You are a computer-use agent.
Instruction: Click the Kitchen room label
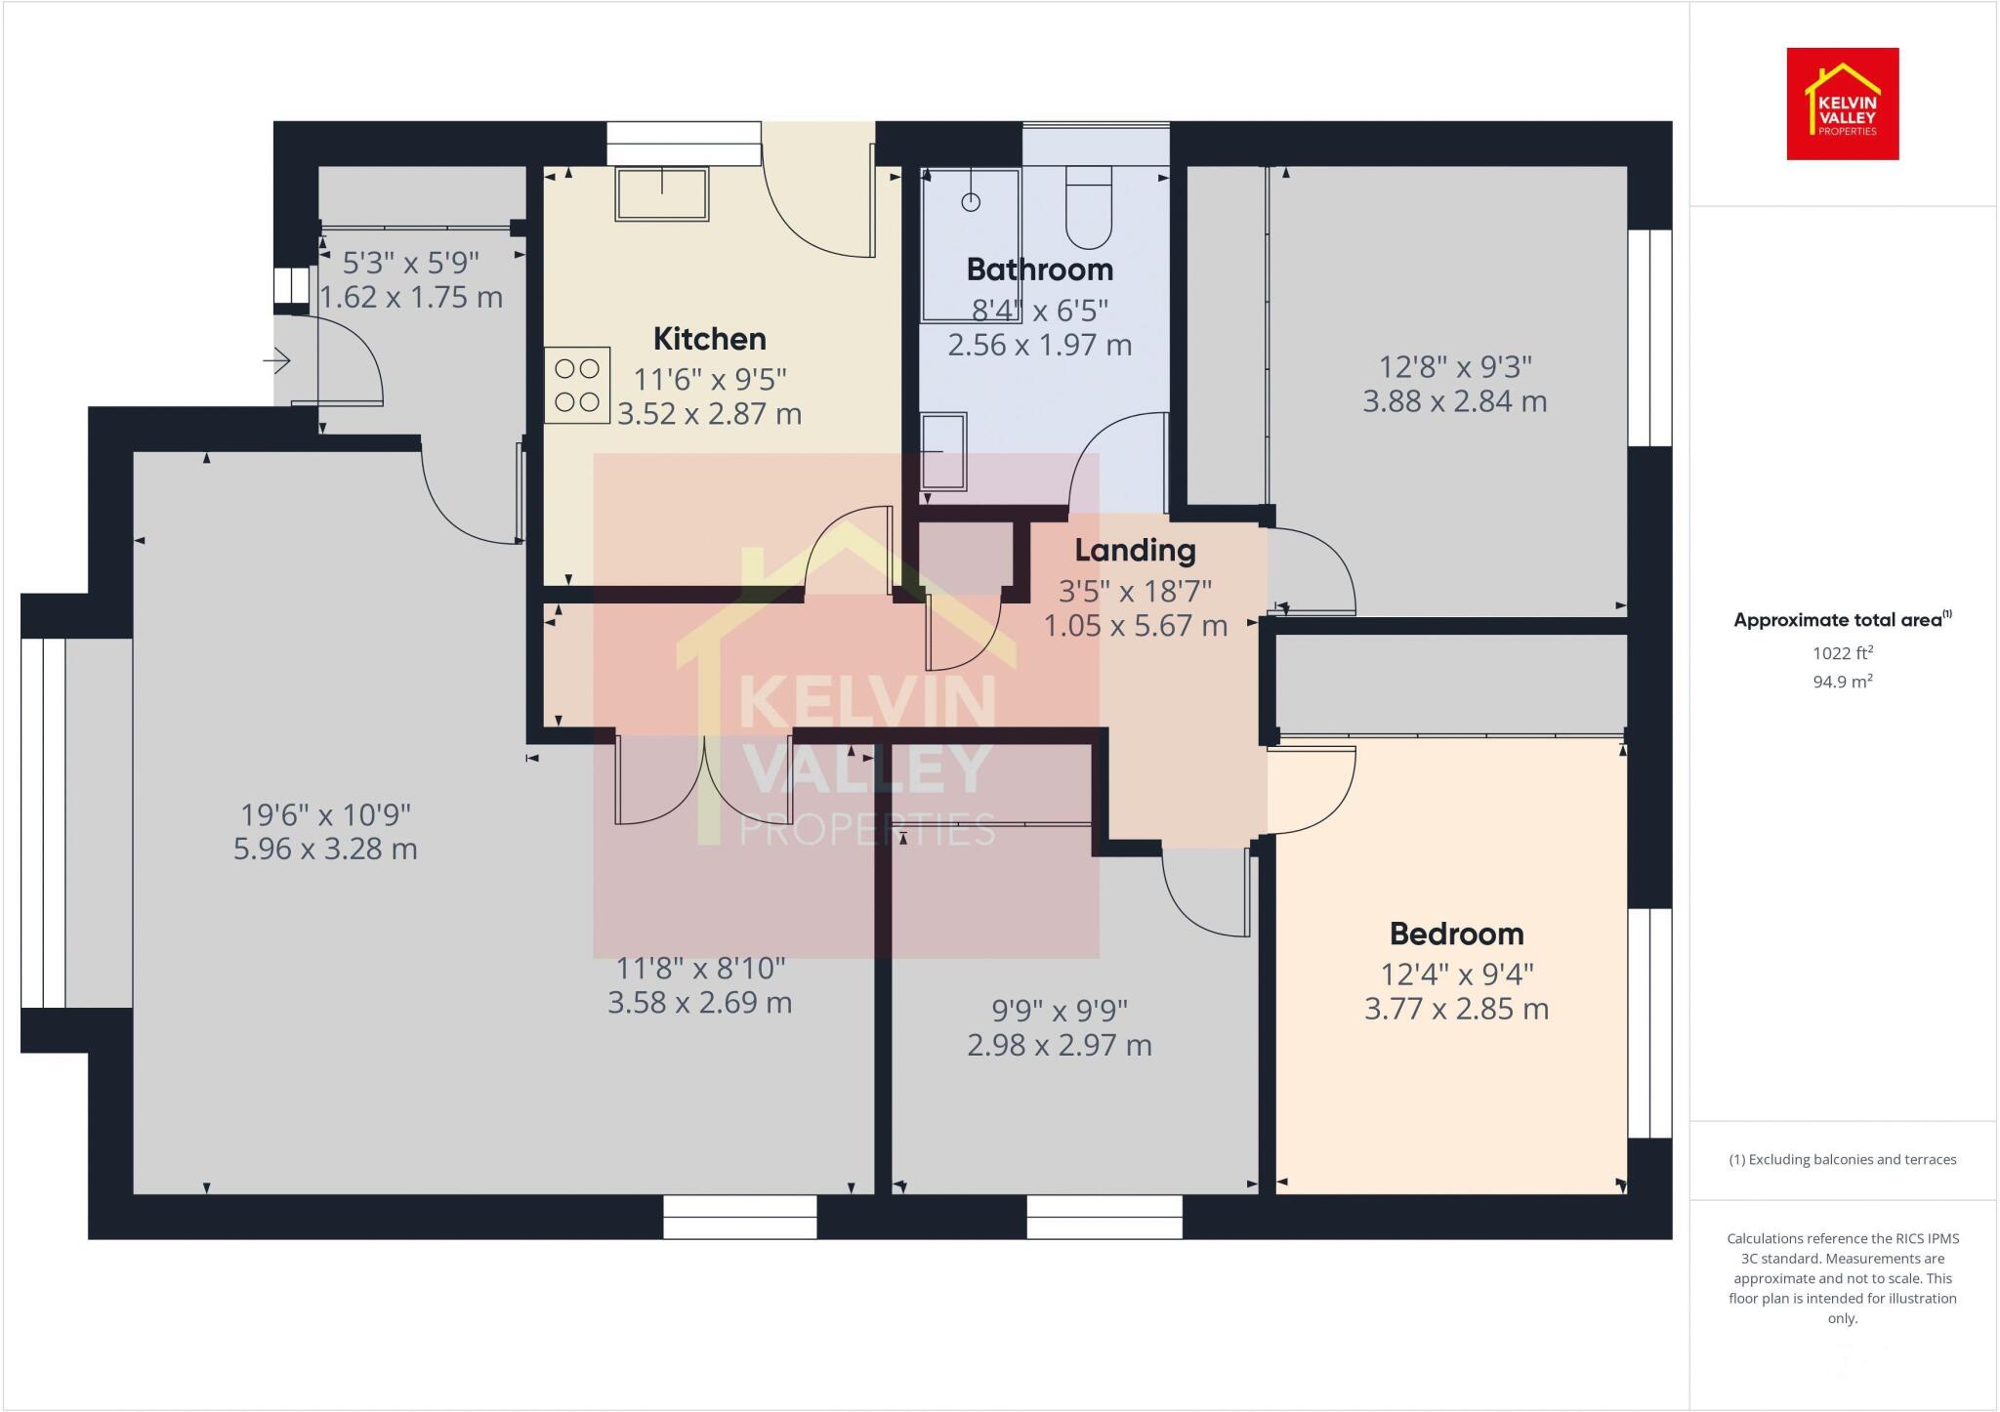(x=709, y=339)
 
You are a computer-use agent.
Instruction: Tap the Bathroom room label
(x=1039, y=270)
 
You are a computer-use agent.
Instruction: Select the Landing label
(x=1135, y=551)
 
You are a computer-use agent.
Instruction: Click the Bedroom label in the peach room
(x=1456, y=934)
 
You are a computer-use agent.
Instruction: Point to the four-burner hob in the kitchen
(x=577, y=385)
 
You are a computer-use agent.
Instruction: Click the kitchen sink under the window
(x=661, y=194)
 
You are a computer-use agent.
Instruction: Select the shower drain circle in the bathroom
(x=971, y=202)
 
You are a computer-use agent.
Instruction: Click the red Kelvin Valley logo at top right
(x=1842, y=104)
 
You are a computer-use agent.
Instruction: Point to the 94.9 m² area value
(x=1842, y=682)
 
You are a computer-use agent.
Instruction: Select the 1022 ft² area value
(x=1842, y=653)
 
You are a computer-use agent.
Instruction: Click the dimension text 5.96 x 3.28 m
(x=325, y=849)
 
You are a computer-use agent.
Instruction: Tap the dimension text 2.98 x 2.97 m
(x=1059, y=1046)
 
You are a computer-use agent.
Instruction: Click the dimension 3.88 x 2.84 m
(x=1454, y=401)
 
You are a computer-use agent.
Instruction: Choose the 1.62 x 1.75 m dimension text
(x=411, y=297)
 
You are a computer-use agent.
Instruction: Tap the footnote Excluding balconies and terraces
(x=1842, y=1160)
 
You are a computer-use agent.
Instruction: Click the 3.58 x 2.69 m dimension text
(x=699, y=1003)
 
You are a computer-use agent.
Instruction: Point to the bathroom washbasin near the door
(x=944, y=449)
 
